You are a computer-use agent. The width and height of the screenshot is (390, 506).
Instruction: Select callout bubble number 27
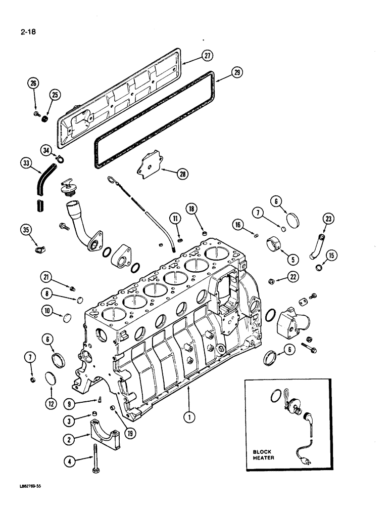click(x=207, y=56)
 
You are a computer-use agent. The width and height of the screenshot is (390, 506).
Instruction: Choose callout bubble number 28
click(x=182, y=174)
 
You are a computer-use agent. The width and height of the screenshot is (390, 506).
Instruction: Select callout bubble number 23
click(x=329, y=219)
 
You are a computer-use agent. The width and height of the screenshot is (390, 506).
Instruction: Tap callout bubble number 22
click(x=292, y=276)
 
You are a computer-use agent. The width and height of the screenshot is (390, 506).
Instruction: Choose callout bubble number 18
click(x=191, y=208)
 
